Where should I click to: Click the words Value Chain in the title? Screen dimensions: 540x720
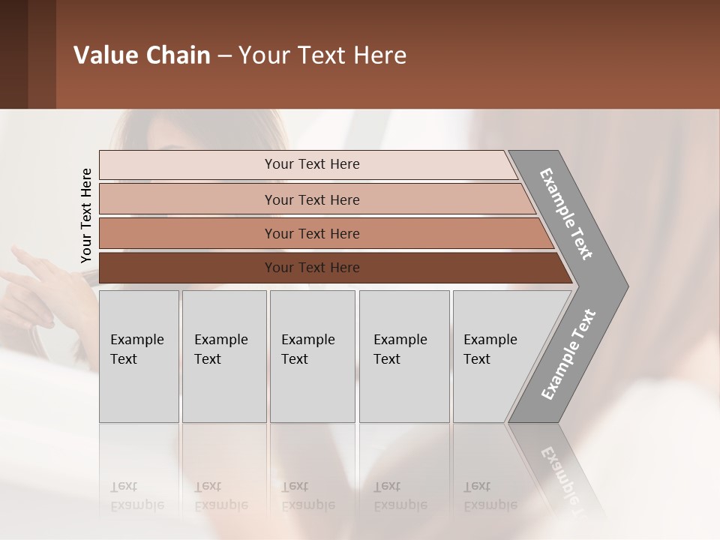pyautogui.click(x=142, y=55)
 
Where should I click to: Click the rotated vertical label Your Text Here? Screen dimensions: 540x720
pyautogui.click(x=86, y=216)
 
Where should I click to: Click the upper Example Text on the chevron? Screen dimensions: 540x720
pyautogui.click(x=566, y=214)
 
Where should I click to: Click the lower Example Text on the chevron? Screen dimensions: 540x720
pyautogui.click(x=568, y=354)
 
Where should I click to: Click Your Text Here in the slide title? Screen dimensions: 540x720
pyautogui.click(x=322, y=55)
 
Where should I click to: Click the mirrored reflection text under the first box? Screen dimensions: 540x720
pyautogui.click(x=136, y=496)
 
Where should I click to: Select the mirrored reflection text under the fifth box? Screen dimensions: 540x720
pyautogui.click(x=490, y=496)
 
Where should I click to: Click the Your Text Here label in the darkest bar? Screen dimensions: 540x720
pyautogui.click(x=312, y=268)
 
